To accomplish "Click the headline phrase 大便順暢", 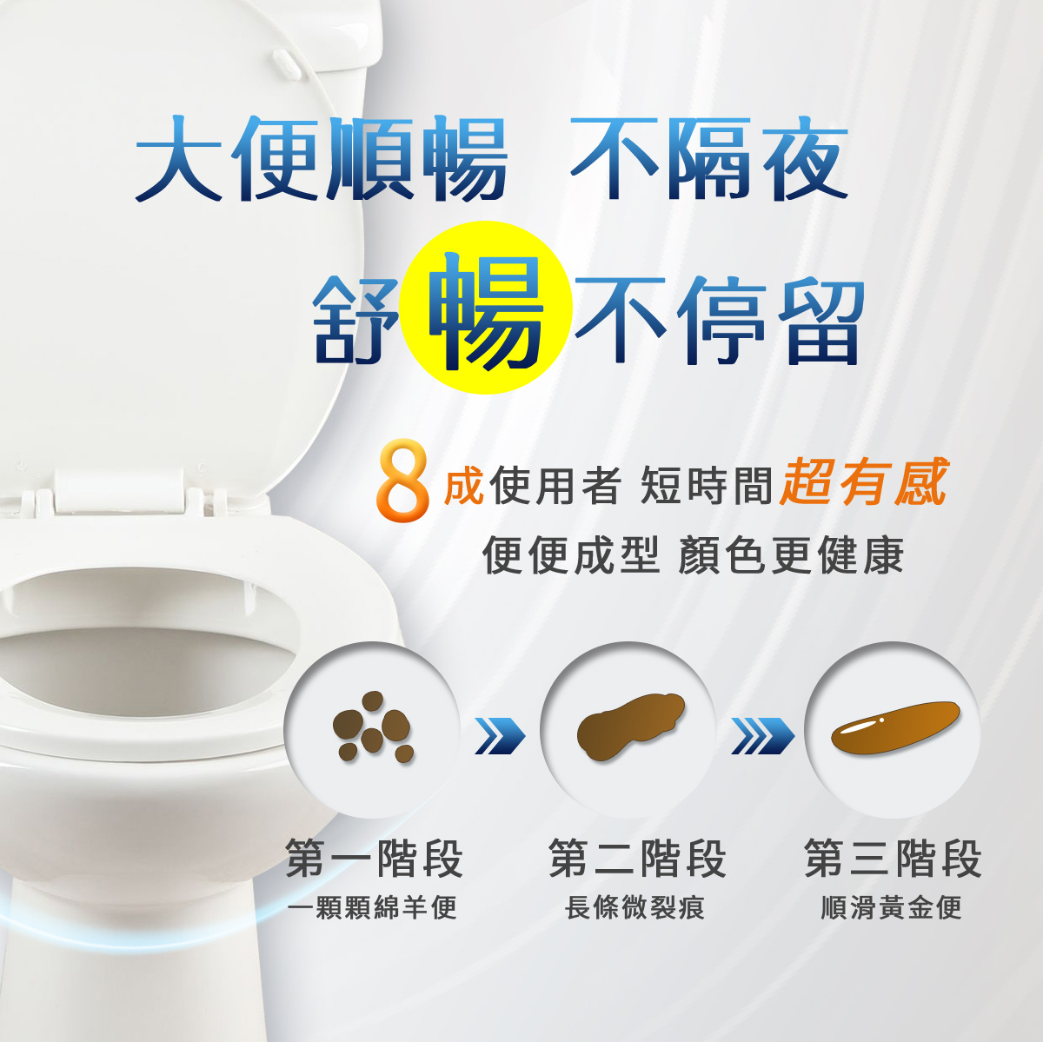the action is point(321,159).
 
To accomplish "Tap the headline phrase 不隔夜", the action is point(709,159).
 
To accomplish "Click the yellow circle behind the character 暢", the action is point(486,308).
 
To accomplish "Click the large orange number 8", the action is point(402,481).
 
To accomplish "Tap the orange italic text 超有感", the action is point(863,481).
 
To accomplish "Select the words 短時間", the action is point(706,485).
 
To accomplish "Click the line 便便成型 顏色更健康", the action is point(693,555).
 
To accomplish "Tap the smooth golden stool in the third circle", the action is point(895,727).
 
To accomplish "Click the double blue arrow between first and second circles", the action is point(500,736).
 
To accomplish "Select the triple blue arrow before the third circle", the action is point(762,736).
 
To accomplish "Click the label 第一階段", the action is point(374,859).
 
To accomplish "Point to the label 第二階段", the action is point(637,859).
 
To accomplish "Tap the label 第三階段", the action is point(893,859).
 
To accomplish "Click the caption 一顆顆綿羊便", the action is point(372,908).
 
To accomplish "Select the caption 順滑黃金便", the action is point(891,908).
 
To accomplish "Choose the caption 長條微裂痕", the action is point(634,908).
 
